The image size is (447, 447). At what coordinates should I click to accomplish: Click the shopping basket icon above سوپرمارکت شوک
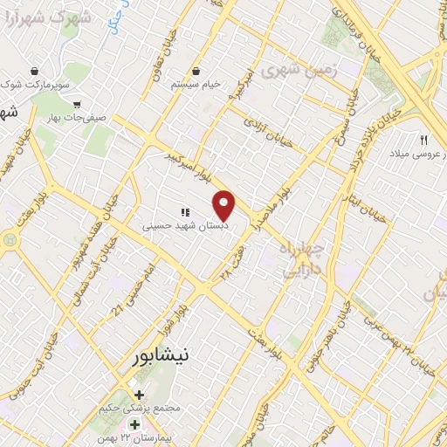(x=34, y=71)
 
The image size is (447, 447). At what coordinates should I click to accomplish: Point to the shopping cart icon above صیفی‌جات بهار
(x=77, y=103)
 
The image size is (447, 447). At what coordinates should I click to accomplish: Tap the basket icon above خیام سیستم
(x=196, y=71)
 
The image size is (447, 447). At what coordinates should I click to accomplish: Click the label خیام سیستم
(x=196, y=84)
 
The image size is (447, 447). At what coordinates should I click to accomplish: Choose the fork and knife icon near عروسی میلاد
(x=423, y=140)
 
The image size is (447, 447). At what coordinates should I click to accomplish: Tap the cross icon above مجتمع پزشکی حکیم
(x=138, y=394)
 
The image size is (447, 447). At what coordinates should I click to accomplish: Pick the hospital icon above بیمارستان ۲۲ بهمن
(x=134, y=423)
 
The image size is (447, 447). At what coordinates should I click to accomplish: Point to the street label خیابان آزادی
(x=259, y=127)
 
